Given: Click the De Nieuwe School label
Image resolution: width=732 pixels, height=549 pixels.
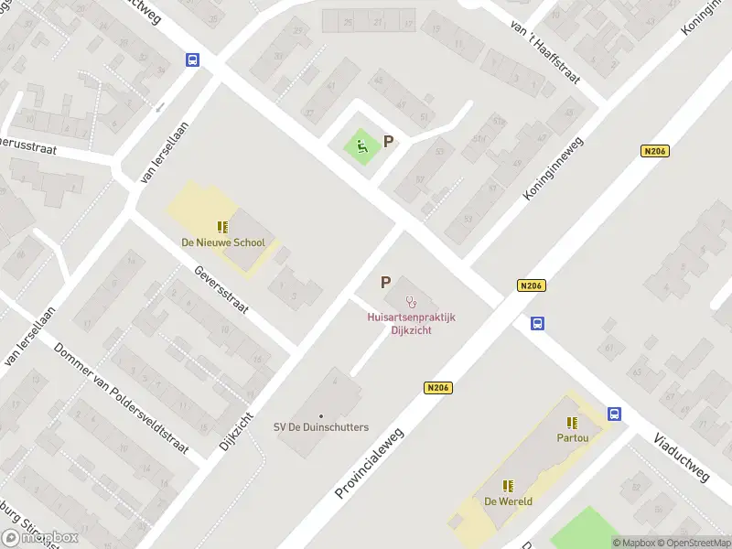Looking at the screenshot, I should [222, 242].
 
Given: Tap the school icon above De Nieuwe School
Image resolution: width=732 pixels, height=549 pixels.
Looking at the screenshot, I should [222, 226].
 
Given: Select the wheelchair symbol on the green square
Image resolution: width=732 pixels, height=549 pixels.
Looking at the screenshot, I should [362, 145].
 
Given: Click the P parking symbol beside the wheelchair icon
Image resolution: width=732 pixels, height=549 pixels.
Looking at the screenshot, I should [389, 142].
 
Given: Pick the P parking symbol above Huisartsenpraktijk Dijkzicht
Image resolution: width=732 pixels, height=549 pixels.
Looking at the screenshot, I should [385, 283].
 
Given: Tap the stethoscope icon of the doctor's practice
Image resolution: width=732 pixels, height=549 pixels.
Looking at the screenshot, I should [412, 300].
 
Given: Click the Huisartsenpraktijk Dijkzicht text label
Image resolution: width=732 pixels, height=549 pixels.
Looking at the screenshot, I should [411, 323].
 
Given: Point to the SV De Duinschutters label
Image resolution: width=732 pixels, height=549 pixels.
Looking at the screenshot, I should [321, 427].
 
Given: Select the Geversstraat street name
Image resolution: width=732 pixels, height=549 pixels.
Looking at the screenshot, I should [221, 290].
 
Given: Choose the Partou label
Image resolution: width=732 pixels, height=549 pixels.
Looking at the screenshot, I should [573, 437].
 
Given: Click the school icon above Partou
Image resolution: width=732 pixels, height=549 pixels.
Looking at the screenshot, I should [573, 422].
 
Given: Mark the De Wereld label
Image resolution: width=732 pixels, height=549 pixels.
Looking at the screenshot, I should [509, 501].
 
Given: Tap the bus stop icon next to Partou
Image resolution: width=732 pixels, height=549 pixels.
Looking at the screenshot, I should [615, 414].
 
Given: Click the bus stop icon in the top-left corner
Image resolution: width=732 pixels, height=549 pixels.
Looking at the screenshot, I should [193, 59].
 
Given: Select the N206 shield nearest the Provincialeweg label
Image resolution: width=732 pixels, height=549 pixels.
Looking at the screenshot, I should [439, 389].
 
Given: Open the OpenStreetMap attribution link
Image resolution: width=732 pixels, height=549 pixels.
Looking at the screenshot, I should [692, 543].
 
